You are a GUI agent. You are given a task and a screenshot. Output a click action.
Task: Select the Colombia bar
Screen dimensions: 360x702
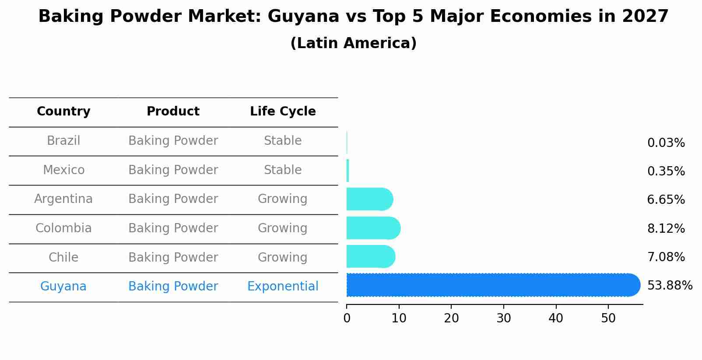(x=373, y=228)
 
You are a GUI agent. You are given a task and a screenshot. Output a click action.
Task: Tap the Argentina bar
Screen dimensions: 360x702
(x=369, y=199)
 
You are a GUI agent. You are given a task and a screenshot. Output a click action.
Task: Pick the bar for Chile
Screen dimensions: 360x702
(x=371, y=256)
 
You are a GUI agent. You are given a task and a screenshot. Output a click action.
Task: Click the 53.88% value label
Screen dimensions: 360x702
(x=670, y=286)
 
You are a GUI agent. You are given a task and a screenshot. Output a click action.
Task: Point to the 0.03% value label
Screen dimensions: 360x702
(x=666, y=143)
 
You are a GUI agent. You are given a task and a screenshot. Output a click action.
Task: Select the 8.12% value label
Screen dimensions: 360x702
(x=666, y=228)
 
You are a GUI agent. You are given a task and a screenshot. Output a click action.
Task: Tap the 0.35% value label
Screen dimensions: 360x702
(x=666, y=171)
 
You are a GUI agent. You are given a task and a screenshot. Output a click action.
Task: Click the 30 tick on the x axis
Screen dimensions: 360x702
(x=504, y=318)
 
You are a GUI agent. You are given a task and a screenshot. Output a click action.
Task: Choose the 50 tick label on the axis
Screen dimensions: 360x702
(x=608, y=318)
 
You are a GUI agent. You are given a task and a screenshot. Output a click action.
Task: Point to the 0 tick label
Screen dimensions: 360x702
(x=347, y=318)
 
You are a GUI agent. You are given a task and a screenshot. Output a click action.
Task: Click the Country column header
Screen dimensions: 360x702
(x=63, y=112)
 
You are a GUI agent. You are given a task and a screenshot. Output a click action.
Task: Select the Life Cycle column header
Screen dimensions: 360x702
(x=283, y=112)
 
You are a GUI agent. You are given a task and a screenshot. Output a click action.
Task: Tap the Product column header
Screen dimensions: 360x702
(x=173, y=112)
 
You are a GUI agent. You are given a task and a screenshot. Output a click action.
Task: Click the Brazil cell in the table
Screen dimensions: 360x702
(x=63, y=141)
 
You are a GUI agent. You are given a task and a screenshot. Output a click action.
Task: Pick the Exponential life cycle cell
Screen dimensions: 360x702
(x=283, y=287)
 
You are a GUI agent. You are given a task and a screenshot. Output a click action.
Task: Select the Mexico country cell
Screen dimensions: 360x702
(x=63, y=170)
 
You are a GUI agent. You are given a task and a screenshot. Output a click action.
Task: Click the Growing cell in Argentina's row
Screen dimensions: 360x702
(x=282, y=199)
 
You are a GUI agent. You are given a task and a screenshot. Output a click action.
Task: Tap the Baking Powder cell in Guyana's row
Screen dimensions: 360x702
(x=173, y=287)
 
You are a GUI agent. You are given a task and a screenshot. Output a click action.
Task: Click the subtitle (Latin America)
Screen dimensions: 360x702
(x=353, y=43)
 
